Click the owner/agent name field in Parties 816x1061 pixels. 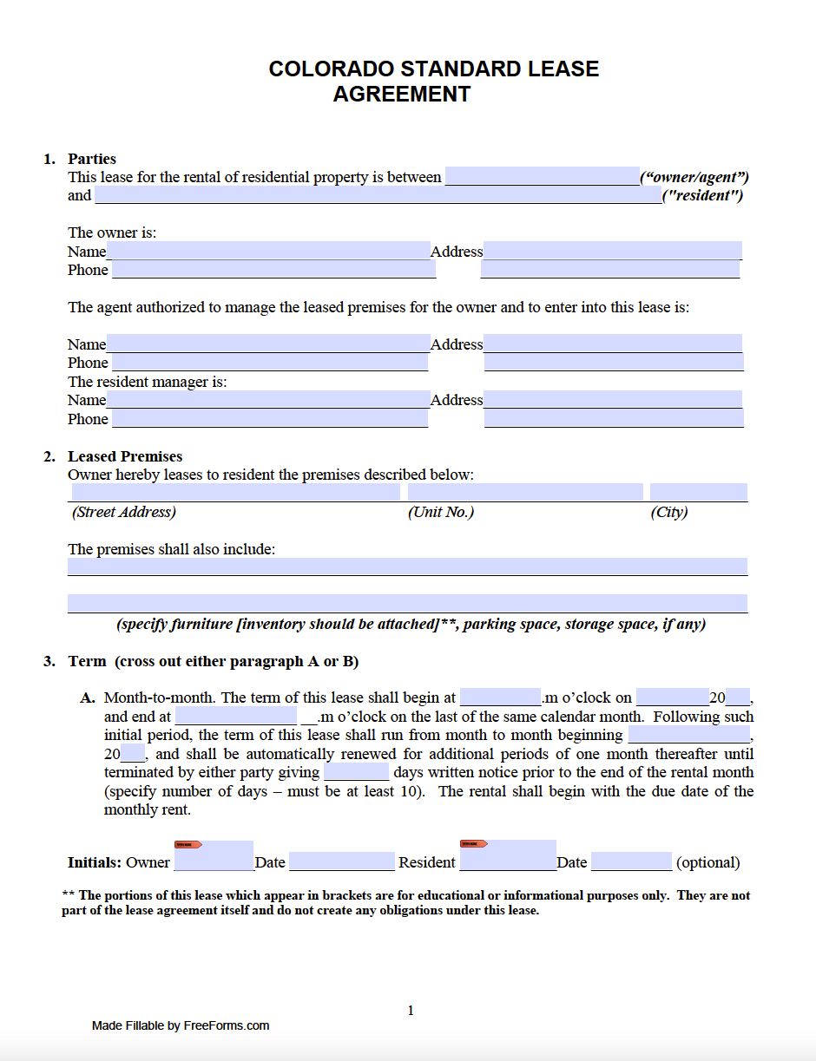(x=542, y=177)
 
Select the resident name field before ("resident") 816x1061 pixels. (x=377, y=195)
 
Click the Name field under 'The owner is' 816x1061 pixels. (x=268, y=251)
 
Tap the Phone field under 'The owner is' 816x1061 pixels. (x=273, y=270)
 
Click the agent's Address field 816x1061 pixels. (x=612, y=344)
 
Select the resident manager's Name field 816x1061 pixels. (x=268, y=400)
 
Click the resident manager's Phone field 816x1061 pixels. (x=270, y=419)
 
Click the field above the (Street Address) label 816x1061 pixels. (x=234, y=492)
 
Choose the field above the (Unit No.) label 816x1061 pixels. (x=525, y=492)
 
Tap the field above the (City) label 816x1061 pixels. (x=698, y=492)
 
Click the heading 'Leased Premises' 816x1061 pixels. (x=125, y=456)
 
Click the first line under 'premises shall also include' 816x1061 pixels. (x=407, y=567)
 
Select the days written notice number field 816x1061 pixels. (x=356, y=772)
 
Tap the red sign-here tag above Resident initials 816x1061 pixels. (x=474, y=843)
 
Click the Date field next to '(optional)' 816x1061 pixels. (x=631, y=861)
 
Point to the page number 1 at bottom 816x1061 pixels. (x=411, y=1010)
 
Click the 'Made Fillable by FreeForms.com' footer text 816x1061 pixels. (x=181, y=1025)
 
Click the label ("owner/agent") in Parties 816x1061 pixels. (x=694, y=177)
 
